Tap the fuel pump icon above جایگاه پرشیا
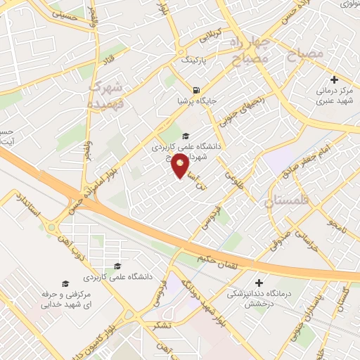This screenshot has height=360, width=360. tap(195, 90)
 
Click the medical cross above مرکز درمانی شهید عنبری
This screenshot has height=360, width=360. tap(333, 80)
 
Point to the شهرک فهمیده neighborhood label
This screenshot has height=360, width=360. tap(105, 96)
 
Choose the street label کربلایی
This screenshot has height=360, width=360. tap(211, 34)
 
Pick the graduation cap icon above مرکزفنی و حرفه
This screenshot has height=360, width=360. tap(65, 283)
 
